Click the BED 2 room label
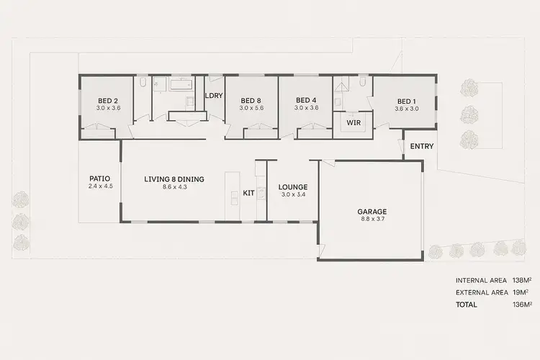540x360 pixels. point(107,100)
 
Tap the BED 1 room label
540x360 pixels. point(407,101)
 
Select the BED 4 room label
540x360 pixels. point(306,100)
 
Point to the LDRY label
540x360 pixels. point(214,96)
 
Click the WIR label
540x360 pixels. point(353,123)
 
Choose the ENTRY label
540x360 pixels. point(422,147)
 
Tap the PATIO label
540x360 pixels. point(100,179)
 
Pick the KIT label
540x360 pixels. point(249,193)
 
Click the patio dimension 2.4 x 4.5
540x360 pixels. point(100,186)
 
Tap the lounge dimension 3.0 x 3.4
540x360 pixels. point(293,194)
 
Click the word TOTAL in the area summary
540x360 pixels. point(466,305)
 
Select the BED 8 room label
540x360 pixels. point(252,100)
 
